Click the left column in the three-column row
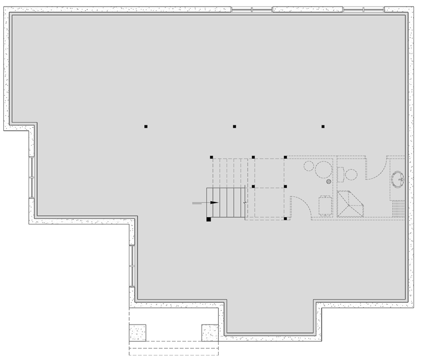146,127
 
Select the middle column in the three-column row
234,127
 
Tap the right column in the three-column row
323,127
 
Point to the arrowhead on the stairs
214,203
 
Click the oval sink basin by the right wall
399,178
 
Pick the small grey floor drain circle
328,181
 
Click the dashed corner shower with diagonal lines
350,205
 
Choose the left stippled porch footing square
138,332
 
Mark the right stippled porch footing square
210,332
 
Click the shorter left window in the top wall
252,9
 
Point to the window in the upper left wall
31,178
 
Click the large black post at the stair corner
209,219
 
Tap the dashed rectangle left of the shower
325,205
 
